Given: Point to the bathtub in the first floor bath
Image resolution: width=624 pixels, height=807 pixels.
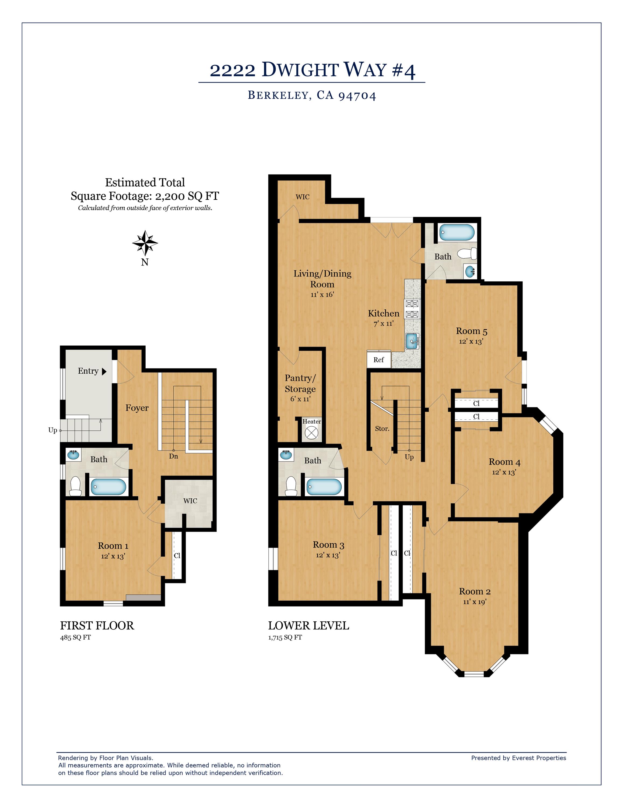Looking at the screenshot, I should pyautogui.click(x=108, y=487).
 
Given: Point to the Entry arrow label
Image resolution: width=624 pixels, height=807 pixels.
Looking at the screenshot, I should pyautogui.click(x=92, y=371).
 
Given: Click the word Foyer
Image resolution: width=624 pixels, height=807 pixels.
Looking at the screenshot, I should pyautogui.click(x=137, y=408).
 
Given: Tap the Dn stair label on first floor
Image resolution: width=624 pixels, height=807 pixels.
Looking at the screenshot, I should pyautogui.click(x=173, y=456).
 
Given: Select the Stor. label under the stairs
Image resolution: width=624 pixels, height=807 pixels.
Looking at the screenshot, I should pyautogui.click(x=382, y=429).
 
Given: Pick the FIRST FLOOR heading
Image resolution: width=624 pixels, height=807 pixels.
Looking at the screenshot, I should pyautogui.click(x=97, y=626).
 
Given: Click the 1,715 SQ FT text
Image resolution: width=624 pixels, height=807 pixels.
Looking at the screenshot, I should pyautogui.click(x=285, y=638).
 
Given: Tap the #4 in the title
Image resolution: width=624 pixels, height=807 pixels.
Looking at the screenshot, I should pyautogui.click(x=404, y=70).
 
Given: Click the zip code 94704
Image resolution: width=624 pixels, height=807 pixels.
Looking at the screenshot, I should pyautogui.click(x=357, y=96).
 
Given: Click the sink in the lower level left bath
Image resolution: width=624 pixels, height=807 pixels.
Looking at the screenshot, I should pyautogui.click(x=285, y=455).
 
